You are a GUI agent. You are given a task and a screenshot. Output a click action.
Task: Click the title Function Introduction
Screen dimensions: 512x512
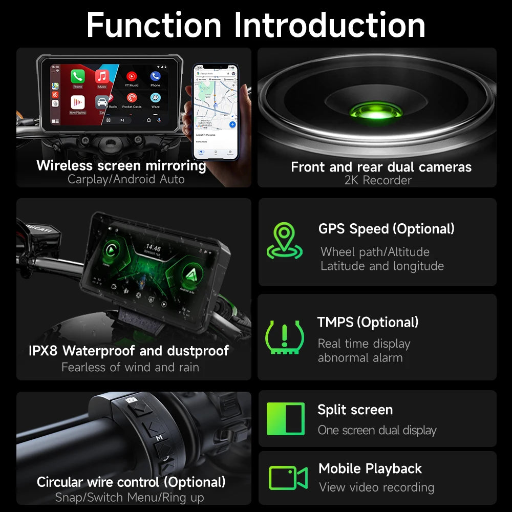coord(256,24)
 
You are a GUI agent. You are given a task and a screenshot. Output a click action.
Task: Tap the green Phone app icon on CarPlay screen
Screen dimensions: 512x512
coord(78,77)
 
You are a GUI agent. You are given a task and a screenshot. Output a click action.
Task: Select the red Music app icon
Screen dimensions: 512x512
coord(102,77)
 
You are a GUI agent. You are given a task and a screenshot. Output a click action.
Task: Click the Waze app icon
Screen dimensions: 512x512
coord(156,98)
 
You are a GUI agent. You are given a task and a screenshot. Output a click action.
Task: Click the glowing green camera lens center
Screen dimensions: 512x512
coord(377,110)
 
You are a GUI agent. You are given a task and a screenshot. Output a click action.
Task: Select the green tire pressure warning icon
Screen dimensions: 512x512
coord(285,337)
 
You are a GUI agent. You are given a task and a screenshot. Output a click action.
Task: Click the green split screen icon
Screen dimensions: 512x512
coord(285,419)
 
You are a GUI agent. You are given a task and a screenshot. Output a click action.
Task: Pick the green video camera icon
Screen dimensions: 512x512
coord(288,478)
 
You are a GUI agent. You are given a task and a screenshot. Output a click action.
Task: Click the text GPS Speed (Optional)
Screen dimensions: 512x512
coord(386,229)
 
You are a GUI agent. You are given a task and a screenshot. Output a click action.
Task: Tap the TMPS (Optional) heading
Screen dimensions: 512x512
coord(368,322)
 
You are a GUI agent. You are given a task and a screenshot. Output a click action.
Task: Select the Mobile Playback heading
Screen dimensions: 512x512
coord(370,468)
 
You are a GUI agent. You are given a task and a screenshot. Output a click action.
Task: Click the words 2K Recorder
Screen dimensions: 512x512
coord(378,180)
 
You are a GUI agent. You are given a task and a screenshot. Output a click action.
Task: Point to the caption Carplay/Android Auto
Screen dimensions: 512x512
coord(126,179)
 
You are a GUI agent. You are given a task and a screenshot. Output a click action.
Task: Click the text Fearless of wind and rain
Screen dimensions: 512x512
coord(130,367)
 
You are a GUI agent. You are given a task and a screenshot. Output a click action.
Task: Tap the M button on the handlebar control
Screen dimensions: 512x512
coord(159,438)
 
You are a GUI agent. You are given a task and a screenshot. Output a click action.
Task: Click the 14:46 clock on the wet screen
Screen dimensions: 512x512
coord(153,248)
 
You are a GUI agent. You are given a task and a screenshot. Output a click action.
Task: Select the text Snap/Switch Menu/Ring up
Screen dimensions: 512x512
coord(130,497)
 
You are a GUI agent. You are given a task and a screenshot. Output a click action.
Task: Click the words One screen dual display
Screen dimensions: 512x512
coord(377,430)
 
